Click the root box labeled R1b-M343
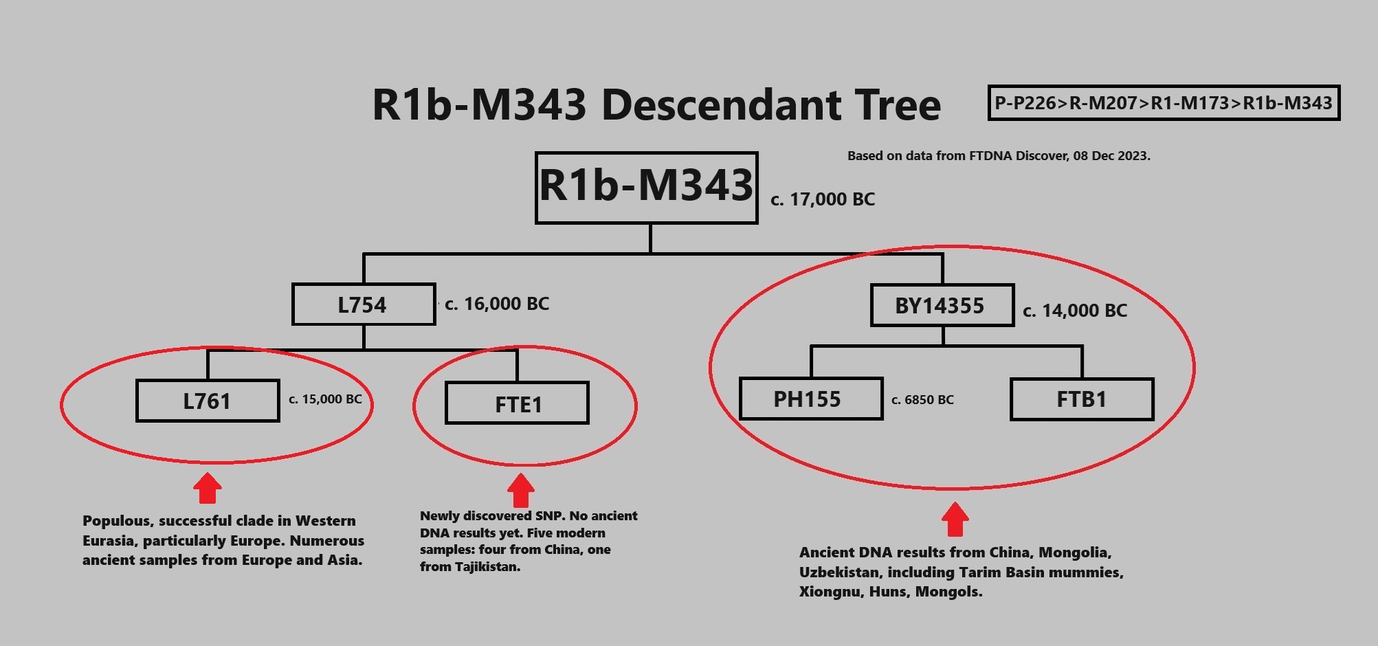[646, 187]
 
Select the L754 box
[363, 304]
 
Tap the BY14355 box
[942, 306]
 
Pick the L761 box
[208, 401]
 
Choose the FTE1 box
[517, 403]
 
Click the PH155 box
[810, 399]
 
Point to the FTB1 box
[1082, 399]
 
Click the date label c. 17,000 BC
[823, 200]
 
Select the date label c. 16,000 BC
[497, 304]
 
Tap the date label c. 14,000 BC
[1075, 311]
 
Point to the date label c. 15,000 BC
[325, 399]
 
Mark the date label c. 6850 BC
[922, 400]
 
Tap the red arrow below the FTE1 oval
[520, 489]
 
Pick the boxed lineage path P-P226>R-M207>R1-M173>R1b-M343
[1164, 103]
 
